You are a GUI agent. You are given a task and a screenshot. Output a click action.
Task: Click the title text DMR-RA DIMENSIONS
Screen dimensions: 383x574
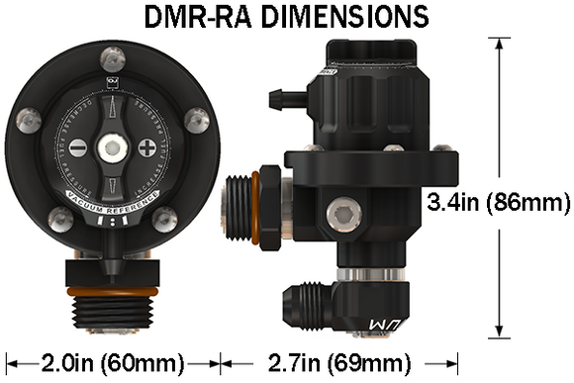(x=286, y=17)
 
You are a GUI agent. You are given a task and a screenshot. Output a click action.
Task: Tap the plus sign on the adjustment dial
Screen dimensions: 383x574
(x=149, y=149)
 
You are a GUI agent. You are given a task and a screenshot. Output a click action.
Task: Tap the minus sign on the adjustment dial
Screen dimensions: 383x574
(x=78, y=149)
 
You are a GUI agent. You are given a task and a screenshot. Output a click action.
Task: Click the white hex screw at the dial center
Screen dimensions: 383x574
(x=114, y=149)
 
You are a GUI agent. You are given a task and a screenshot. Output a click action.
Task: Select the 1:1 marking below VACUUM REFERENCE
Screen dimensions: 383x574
(x=114, y=223)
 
